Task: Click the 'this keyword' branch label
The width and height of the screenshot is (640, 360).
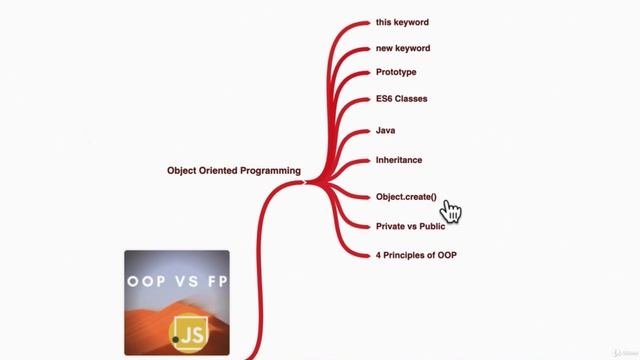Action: coord(402,22)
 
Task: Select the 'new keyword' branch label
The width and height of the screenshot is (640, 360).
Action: coord(403,48)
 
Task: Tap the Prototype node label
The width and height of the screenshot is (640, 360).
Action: coord(396,72)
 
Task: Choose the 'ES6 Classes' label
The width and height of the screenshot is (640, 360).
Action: coord(401,99)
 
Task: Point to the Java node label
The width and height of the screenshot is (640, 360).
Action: coord(386,131)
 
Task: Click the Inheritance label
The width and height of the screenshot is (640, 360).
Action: coord(399,160)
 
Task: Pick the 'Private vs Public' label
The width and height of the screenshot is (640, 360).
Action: coord(410,226)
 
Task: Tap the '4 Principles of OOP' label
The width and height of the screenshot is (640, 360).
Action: coord(416,255)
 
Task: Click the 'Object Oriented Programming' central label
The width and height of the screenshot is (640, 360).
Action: coord(234,171)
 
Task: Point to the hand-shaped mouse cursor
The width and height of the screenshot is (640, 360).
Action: coord(451,209)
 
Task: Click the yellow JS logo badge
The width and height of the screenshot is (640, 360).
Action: coord(189,331)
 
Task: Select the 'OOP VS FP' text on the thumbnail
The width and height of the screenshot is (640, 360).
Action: coord(177,281)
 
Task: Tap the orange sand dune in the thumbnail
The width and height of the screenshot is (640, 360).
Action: coord(150,320)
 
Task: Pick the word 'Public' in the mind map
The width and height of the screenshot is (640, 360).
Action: coord(431,226)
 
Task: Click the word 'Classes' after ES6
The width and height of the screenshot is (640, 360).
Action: coord(413,99)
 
